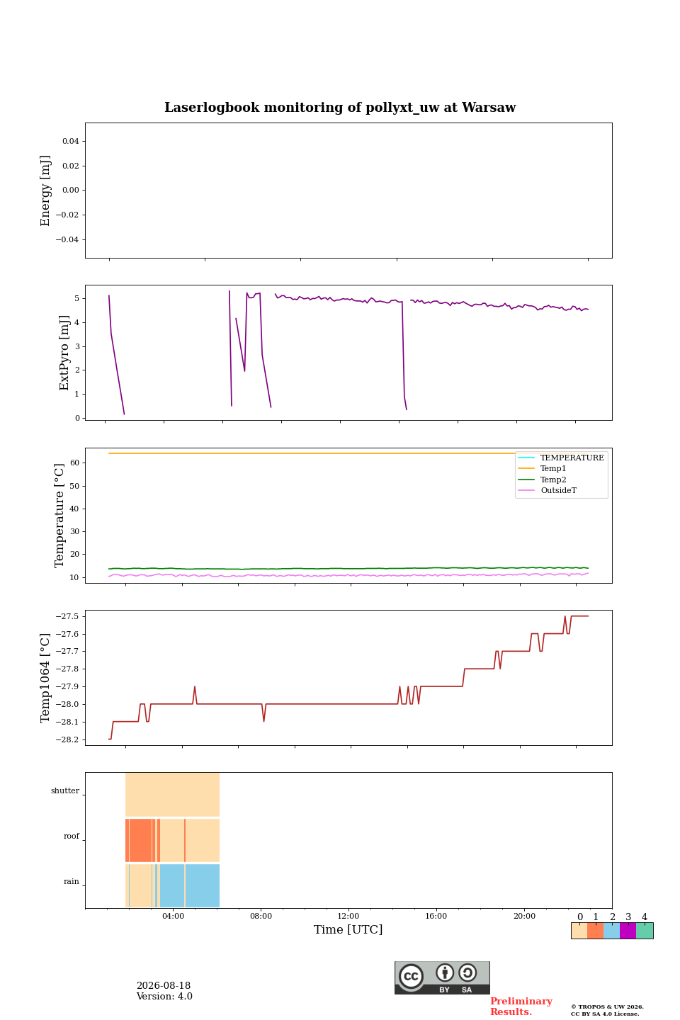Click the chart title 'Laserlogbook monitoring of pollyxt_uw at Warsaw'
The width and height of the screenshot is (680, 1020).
click(x=340, y=108)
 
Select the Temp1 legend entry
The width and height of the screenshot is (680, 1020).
click(x=553, y=469)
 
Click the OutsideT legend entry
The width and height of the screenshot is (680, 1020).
click(x=558, y=490)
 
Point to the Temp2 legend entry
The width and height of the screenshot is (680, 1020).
click(x=553, y=480)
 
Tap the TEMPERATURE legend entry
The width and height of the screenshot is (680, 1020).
click(x=572, y=458)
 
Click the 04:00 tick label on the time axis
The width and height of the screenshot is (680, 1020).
click(x=173, y=916)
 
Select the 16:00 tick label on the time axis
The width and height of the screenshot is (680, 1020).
click(x=436, y=916)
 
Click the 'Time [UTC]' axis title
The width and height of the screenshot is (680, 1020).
click(x=348, y=929)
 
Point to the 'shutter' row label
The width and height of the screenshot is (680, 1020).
click(x=65, y=791)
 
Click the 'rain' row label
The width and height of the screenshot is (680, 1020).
click(x=72, y=882)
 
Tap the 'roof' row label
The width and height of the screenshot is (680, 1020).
click(x=72, y=836)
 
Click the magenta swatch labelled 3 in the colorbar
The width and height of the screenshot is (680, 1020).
click(x=628, y=931)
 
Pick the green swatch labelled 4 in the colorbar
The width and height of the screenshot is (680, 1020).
click(x=645, y=931)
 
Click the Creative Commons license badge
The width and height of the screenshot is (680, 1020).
click(x=442, y=977)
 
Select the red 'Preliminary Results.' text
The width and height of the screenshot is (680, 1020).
click(x=521, y=1007)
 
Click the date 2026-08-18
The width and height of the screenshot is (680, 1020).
click(x=164, y=986)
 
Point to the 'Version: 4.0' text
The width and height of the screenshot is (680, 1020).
click(x=164, y=997)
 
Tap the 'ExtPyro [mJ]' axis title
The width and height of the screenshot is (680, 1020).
click(x=64, y=353)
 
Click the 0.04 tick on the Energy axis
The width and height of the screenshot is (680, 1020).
click(x=71, y=141)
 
